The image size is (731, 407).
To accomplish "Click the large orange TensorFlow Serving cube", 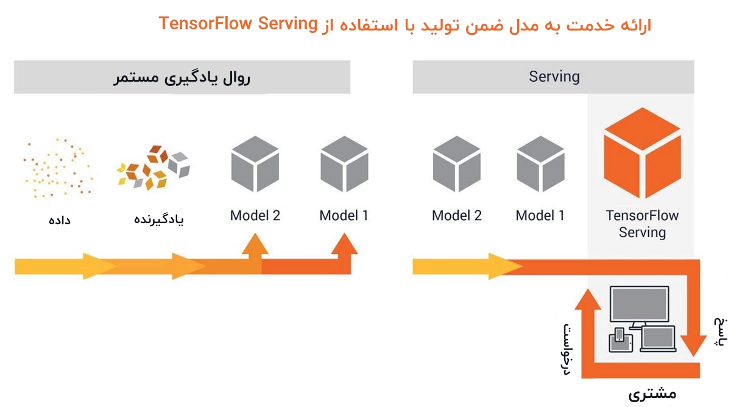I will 641,154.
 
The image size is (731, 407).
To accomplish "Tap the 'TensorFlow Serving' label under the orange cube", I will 642,224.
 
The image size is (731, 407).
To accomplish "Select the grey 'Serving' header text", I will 554,77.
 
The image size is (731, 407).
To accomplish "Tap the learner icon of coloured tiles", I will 153,166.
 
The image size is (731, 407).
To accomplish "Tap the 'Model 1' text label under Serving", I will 540,216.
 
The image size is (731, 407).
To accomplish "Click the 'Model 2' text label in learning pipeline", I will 255,216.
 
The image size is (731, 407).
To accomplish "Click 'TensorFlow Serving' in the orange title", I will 238,24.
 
